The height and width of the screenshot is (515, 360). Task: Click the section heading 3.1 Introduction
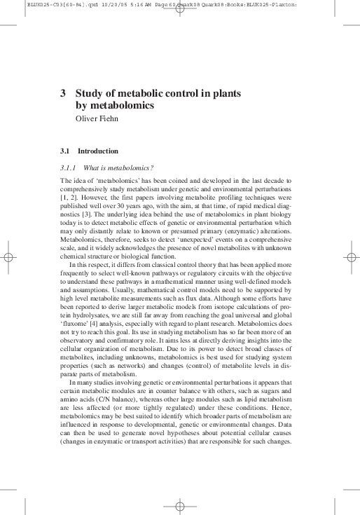[89, 151]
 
